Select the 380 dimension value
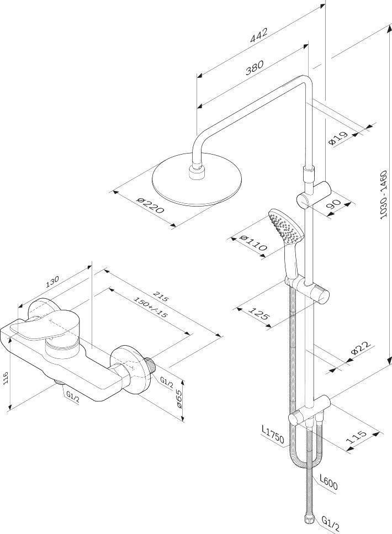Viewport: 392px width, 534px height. [x=255, y=67]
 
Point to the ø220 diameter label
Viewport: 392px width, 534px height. [x=150, y=205]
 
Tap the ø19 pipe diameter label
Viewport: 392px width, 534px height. [x=338, y=138]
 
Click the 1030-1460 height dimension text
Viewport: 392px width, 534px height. [x=384, y=195]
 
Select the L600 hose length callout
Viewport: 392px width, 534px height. [x=329, y=483]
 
